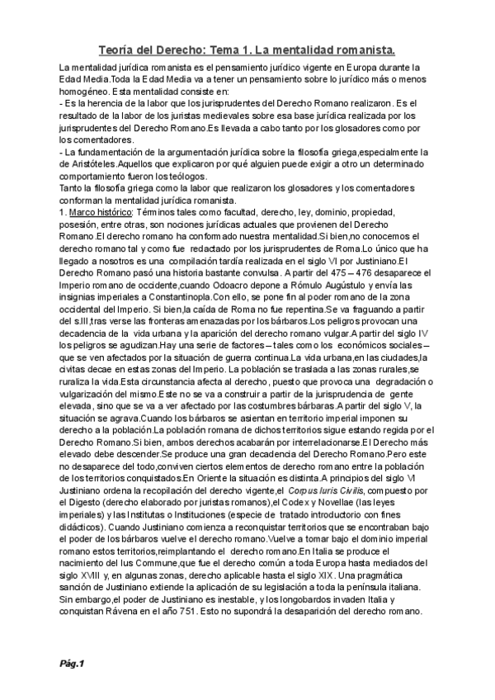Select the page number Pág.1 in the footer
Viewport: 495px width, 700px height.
point(72,663)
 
